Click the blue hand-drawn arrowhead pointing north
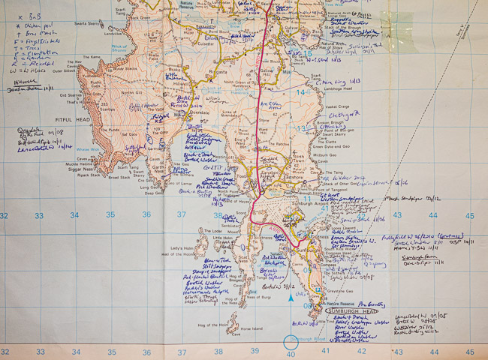[291, 299]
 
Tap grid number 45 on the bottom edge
[469, 352]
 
